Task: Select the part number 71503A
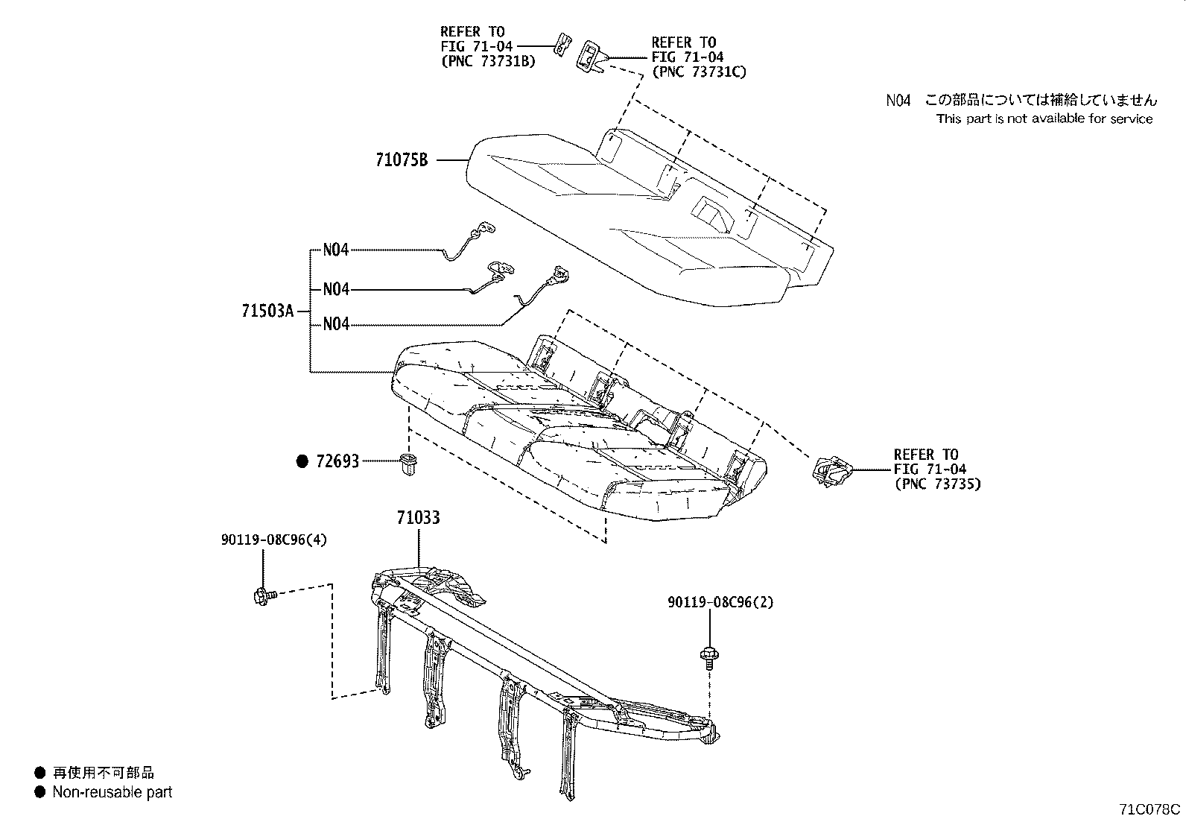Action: (267, 311)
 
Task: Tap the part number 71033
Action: (418, 516)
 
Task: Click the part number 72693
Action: (337, 461)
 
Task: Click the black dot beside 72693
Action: (302, 461)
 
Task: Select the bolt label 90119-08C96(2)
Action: (719, 602)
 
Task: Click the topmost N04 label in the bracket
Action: (336, 250)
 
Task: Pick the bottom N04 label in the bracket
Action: (336, 324)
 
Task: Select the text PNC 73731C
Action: (698, 72)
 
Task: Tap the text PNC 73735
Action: (937, 484)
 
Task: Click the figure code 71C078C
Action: (1149, 809)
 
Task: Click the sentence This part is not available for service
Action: (1044, 118)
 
